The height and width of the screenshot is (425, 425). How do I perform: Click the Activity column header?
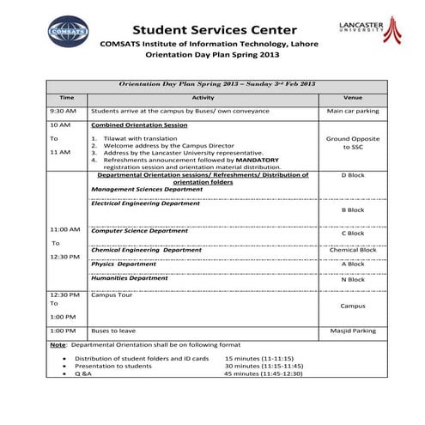203,98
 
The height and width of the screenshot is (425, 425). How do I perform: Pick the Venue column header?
353,98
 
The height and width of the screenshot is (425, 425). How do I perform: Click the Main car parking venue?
353,111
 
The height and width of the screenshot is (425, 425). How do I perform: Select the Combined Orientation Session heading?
139,124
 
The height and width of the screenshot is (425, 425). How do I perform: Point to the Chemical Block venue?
353,250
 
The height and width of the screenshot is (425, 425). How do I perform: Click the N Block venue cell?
353,279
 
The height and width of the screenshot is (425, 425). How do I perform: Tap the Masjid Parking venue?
353,330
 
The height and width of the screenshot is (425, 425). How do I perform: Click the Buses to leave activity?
115,330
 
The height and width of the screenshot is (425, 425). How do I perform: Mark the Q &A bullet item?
84,374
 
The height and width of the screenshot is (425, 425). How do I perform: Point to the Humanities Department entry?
130,278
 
